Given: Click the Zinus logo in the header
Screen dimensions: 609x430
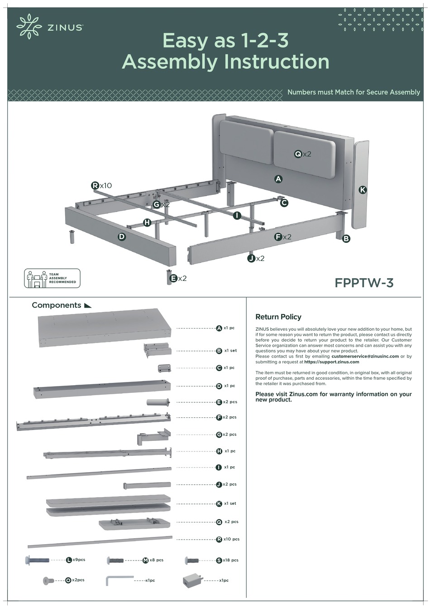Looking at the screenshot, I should pos(50,27).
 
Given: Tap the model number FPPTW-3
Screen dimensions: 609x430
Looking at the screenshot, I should pos(364,283).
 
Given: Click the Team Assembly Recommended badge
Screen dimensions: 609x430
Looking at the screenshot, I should pos(52,278).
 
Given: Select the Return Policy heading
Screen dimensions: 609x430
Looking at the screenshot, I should pos(278,317).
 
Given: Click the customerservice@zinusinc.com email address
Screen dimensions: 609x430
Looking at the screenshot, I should pos(365,356).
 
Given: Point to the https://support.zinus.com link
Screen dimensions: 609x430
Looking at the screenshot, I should pos(331,362).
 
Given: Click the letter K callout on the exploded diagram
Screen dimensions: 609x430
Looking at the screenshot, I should pos(362,190).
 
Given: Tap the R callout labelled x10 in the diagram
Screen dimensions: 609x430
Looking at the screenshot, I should pos(95,185).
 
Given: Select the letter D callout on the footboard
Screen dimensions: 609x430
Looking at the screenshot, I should pos(121,236).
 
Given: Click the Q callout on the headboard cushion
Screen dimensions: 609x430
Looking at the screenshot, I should pos(298,154).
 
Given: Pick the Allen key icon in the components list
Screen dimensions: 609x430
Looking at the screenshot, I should pos(119,580).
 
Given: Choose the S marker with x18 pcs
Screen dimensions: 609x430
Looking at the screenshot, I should pos(219,561).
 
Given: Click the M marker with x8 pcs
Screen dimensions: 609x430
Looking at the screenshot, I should pos(146,561).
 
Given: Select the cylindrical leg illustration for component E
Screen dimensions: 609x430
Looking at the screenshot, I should pos(158,402).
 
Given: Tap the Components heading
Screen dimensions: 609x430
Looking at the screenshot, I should pos(57,305).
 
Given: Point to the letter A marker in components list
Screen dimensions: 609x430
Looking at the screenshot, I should pos(219,328).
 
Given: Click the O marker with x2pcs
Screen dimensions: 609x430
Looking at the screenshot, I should pos(68,580).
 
